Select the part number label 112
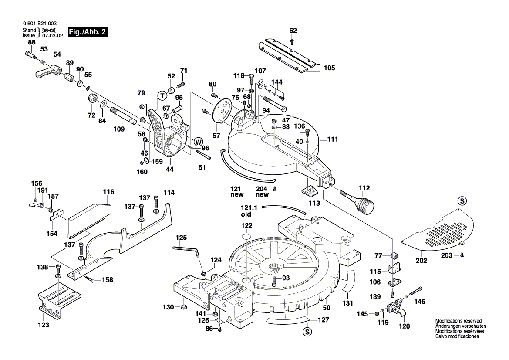[x=364, y=188]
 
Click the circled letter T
[x=162, y=95]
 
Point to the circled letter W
[x=198, y=141]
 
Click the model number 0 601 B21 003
[x=39, y=24]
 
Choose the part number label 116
[x=108, y=192]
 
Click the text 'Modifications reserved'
[x=458, y=320]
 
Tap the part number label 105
[x=330, y=68]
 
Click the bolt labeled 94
[x=274, y=103]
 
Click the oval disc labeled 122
[x=246, y=237]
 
